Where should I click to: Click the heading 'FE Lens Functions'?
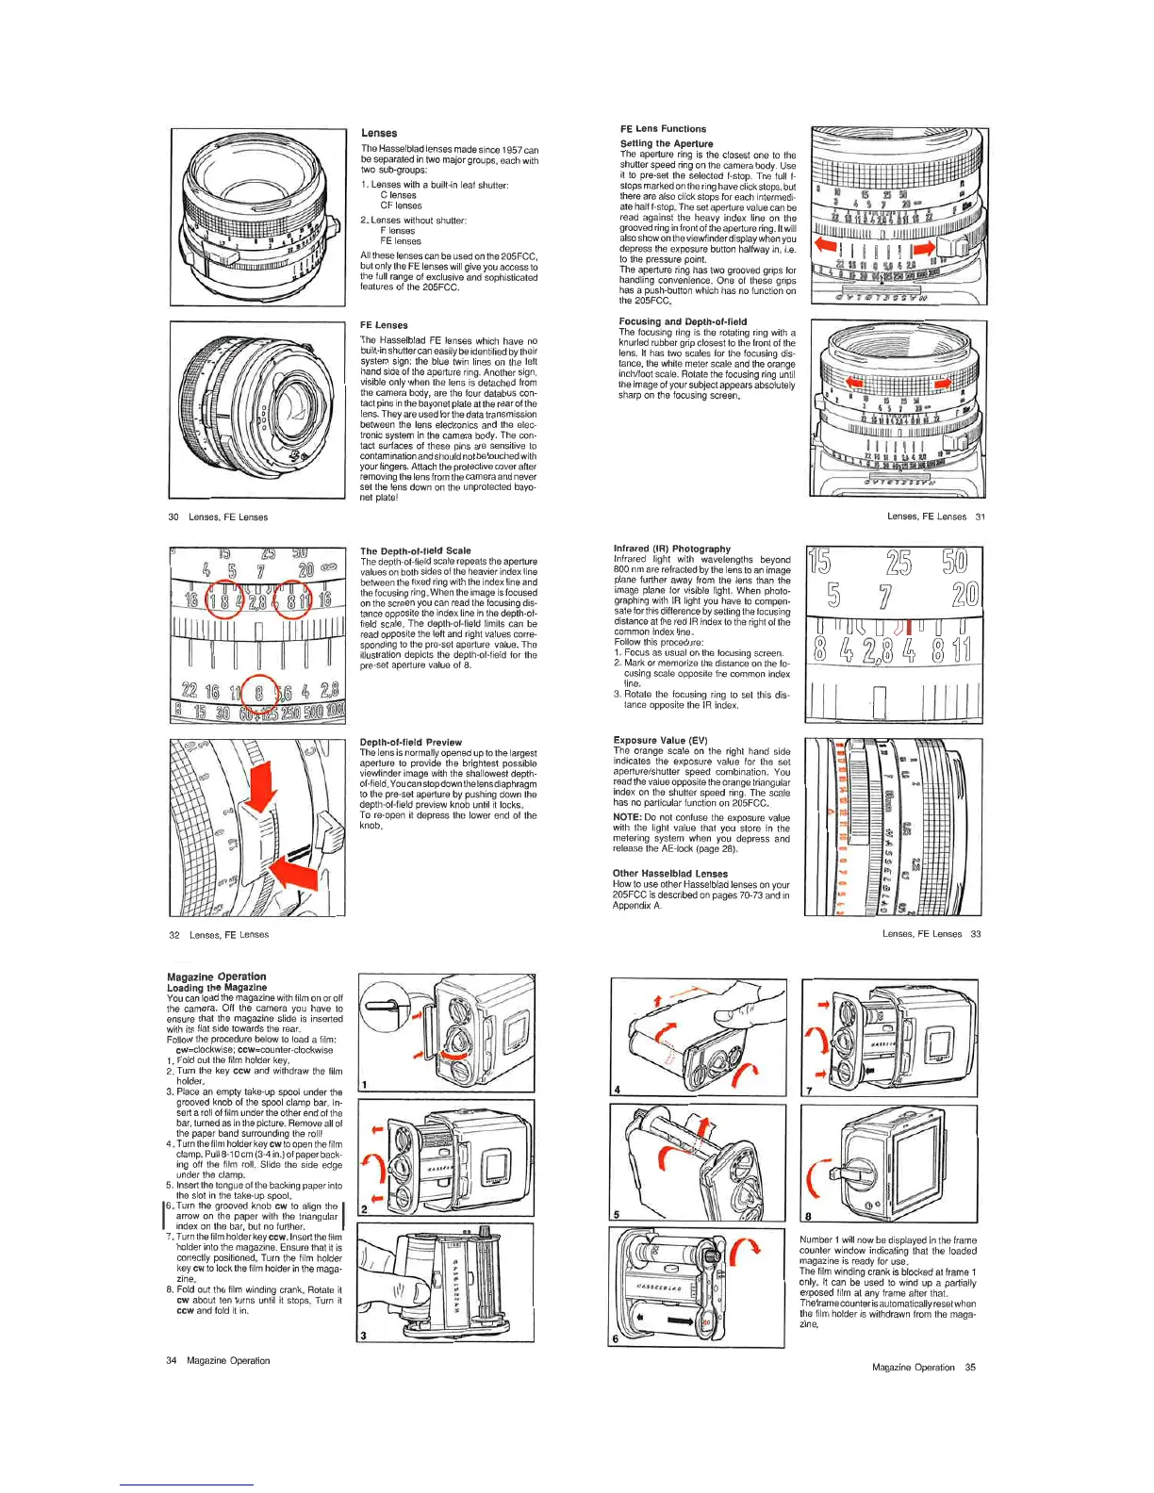[x=663, y=128]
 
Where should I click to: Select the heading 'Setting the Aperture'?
[x=667, y=143]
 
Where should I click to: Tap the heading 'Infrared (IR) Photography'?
[x=671, y=549]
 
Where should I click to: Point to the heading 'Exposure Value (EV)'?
[x=660, y=740]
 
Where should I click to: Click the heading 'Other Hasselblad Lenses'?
[x=670, y=874]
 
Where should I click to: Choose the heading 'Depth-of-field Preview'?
[x=410, y=743]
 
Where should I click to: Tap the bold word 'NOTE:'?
[x=627, y=817]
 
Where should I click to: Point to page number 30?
[x=173, y=517]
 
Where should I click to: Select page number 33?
[x=976, y=934]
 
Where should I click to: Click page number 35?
[x=970, y=1368]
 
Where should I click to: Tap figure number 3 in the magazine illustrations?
[x=364, y=1335]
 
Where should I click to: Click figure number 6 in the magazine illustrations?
[x=616, y=1338]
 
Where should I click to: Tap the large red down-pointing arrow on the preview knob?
[x=261, y=780]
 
